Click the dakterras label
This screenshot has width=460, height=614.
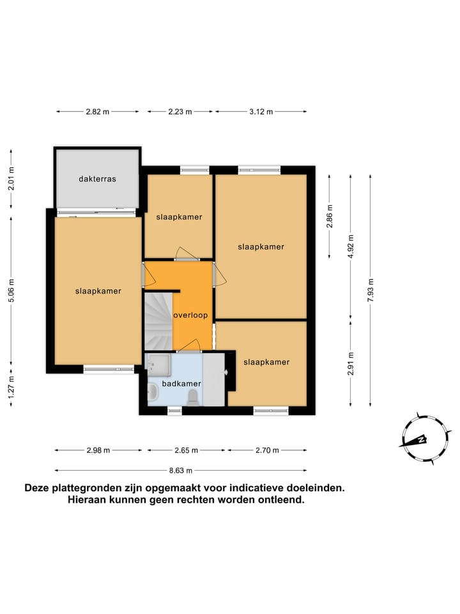98,179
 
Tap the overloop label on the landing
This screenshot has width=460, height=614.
191,315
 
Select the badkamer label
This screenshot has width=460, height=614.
181,383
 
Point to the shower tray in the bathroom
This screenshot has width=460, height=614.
157,364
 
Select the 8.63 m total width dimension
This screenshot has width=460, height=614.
181,470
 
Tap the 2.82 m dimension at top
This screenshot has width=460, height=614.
98,111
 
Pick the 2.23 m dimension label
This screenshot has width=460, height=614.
180,111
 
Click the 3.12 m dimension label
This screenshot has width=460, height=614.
261,111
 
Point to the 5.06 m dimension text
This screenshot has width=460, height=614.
11,290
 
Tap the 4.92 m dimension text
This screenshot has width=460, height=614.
350,246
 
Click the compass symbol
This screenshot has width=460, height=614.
422,439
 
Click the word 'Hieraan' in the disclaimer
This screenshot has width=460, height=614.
89,500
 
